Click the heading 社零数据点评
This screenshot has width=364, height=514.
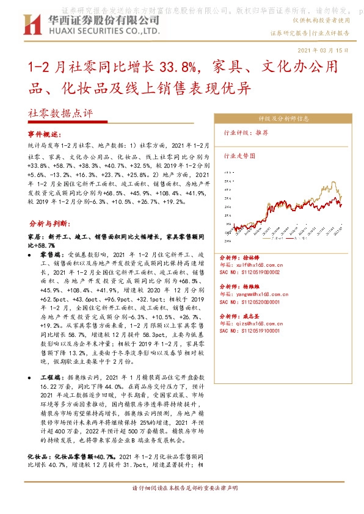(59, 113)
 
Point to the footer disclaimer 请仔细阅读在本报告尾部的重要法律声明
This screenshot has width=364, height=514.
(184, 488)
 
